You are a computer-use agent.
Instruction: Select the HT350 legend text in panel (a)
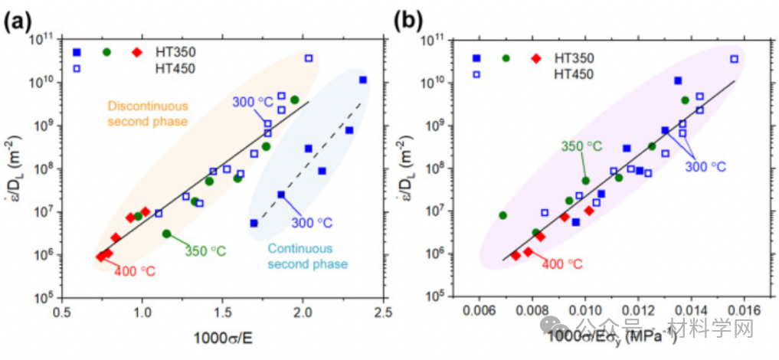click(x=175, y=52)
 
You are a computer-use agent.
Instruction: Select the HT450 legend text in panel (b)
click(x=574, y=74)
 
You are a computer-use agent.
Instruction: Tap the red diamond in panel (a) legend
click(x=137, y=52)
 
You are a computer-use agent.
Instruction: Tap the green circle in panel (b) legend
click(x=506, y=58)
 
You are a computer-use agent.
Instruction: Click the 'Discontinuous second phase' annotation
click(x=148, y=113)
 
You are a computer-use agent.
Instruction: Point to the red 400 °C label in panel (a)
click(x=137, y=270)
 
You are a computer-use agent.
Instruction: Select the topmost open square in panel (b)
click(x=734, y=59)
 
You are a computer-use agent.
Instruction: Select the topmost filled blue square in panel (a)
click(x=363, y=80)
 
